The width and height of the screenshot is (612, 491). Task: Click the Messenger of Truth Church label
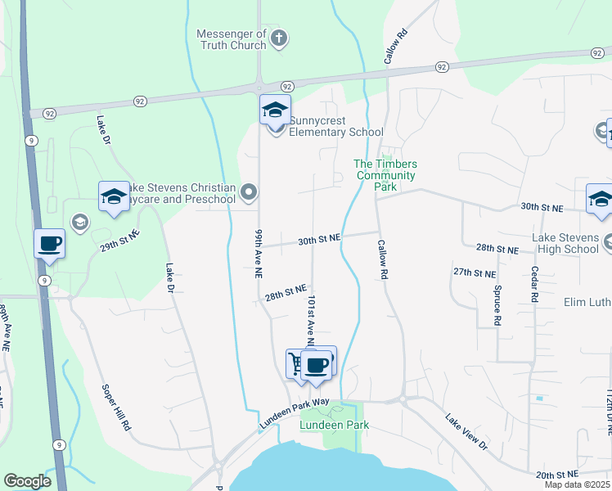click(x=232, y=39)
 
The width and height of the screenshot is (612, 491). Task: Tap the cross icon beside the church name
click(x=279, y=38)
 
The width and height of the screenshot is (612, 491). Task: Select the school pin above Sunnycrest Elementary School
click(x=275, y=110)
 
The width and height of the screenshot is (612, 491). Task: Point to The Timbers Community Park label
click(x=385, y=175)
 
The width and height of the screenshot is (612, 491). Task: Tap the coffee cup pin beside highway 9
click(x=50, y=243)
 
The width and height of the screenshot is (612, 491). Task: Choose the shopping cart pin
click(x=297, y=363)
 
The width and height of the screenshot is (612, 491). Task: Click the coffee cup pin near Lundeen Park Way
click(x=316, y=364)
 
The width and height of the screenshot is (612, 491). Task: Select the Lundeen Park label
click(x=334, y=425)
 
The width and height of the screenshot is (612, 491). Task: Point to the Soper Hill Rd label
click(x=116, y=408)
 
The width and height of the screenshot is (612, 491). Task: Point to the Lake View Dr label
click(x=466, y=432)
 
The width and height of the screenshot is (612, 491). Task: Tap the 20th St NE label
click(x=556, y=475)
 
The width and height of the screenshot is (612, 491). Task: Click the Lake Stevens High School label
click(x=565, y=243)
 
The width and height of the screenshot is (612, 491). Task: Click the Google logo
click(x=27, y=481)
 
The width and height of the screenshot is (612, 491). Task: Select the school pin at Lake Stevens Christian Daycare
click(x=114, y=196)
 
